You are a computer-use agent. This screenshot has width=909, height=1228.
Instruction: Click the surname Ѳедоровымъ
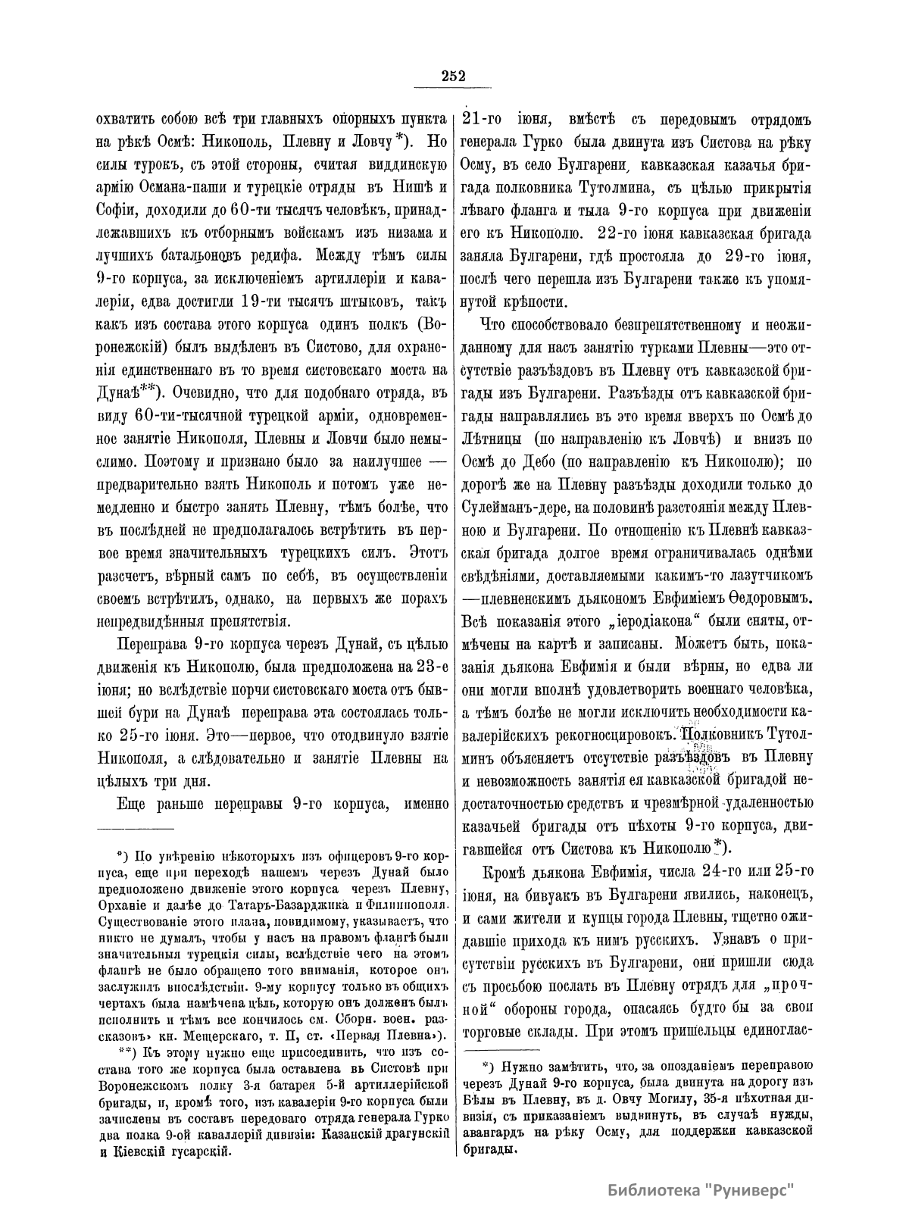pos(763,597)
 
